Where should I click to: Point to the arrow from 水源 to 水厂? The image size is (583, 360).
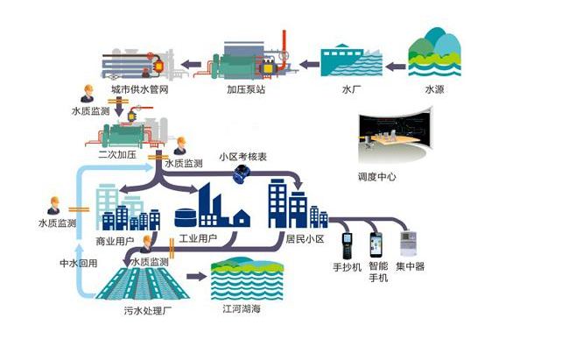(x=395, y=63)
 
